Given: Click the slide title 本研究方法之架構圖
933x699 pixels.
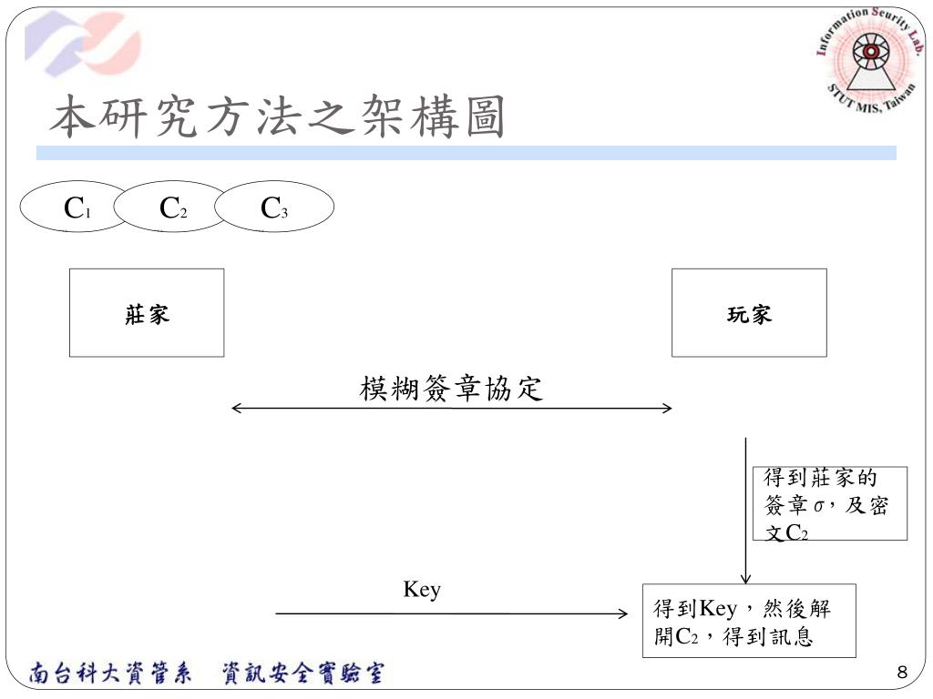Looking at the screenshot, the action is pos(277,118).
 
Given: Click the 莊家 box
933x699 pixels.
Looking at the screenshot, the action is pos(147,312).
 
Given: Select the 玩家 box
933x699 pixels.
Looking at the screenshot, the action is pos(749,312).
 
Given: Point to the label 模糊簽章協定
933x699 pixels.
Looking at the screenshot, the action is pos(451,389).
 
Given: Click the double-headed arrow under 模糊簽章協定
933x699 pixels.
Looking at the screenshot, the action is pos(451,409).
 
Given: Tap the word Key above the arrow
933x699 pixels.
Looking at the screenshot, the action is pos(422,590).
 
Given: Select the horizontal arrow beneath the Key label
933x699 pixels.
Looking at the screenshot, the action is pos(451,614).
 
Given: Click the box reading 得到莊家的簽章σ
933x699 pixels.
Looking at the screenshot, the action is pos(829,504).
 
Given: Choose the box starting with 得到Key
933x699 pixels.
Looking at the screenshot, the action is pos(749,621).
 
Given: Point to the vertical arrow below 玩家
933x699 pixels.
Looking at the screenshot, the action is pos(746,510).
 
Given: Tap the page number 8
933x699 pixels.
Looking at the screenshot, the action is pos(902,673).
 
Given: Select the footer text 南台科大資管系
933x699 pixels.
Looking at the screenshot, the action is pos(110,674).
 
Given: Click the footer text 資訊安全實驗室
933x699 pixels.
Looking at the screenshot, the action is pos(302,674).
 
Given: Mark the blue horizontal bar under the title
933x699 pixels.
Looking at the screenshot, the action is pos(466,153).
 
